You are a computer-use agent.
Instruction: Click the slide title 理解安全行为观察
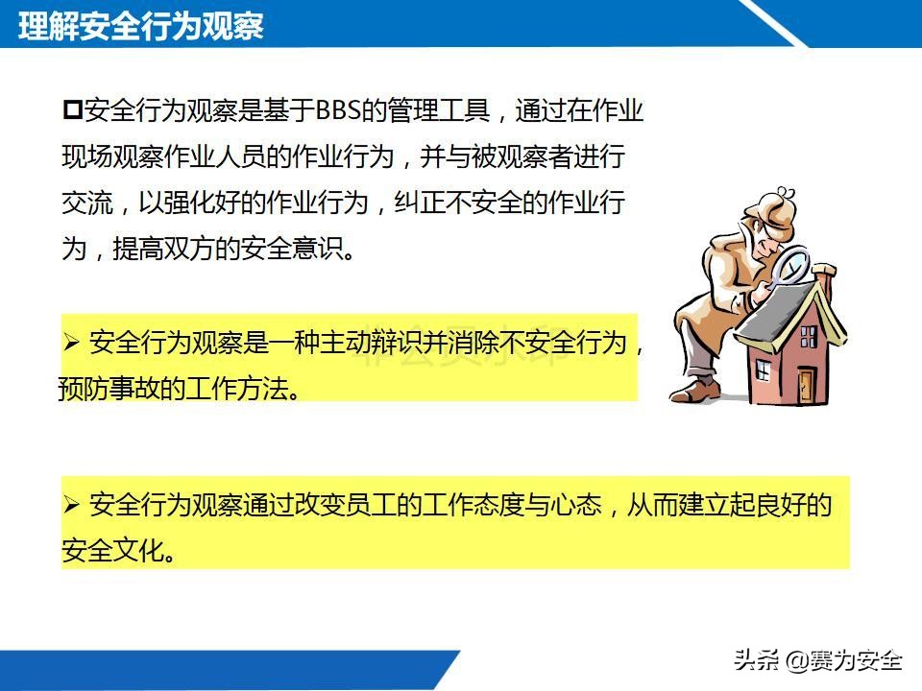pos(141,26)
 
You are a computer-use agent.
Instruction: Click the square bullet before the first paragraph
pos(72,110)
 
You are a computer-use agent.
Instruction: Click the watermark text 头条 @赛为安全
pos(817,660)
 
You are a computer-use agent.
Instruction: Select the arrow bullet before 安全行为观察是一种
pos(71,343)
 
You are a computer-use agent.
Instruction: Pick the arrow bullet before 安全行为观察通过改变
pos(71,505)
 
